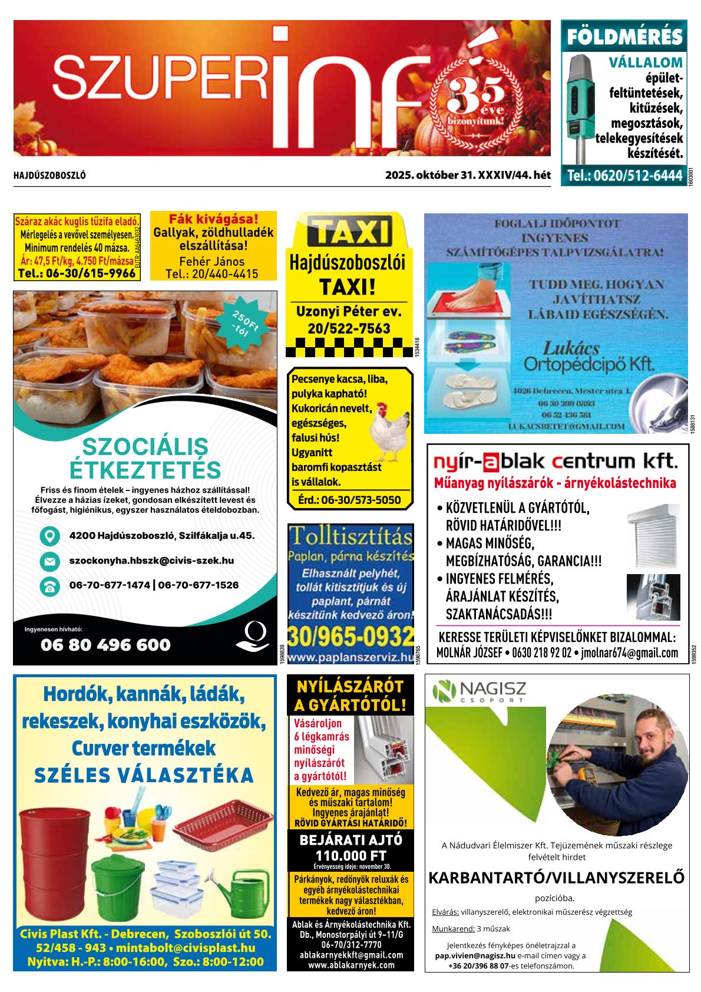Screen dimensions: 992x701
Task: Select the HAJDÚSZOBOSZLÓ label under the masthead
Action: [49, 176]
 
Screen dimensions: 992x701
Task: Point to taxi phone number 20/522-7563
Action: [349, 329]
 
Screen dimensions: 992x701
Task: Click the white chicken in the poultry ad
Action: [389, 430]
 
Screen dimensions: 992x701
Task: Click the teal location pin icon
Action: [49, 536]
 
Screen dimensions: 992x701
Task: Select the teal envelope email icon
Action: [49, 561]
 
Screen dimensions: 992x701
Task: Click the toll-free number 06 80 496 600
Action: [105, 645]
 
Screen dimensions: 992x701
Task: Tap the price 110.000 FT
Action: [350, 855]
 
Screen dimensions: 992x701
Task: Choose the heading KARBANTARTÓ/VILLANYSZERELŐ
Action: [556, 878]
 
